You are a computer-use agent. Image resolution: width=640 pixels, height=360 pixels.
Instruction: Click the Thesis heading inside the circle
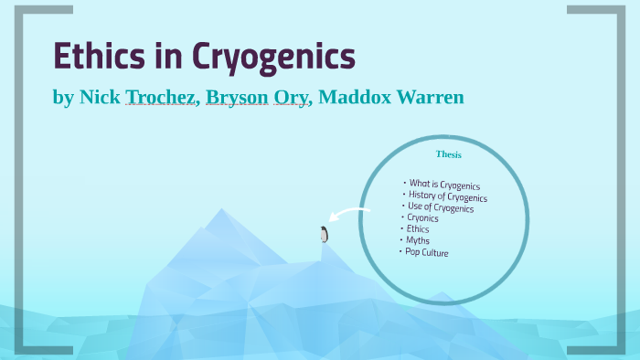(x=449, y=154)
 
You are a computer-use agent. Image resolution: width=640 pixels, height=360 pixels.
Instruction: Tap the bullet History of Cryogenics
(x=448, y=196)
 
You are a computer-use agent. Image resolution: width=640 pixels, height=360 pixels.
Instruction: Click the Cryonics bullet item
(x=422, y=218)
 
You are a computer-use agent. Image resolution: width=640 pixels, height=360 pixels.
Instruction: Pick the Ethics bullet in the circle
(x=417, y=229)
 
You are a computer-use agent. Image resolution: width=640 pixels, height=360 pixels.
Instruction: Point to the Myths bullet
(x=417, y=240)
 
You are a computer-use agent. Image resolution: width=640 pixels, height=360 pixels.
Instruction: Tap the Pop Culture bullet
(x=427, y=251)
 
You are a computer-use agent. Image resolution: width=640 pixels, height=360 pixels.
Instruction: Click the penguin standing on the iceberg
(x=324, y=234)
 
